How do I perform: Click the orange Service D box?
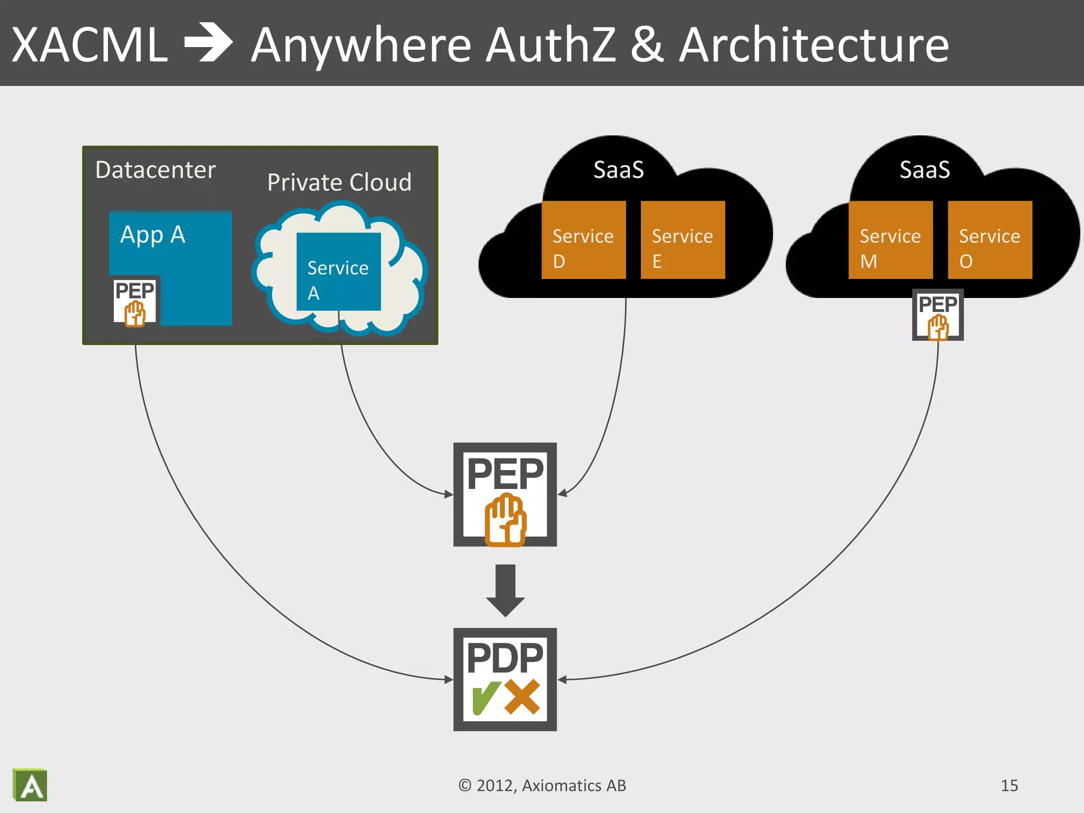(583, 240)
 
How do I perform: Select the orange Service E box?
(682, 240)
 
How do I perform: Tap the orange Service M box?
(890, 240)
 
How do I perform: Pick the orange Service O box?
(990, 240)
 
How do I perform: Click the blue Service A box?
(338, 272)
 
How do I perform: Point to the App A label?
(152, 234)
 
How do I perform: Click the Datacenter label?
(156, 170)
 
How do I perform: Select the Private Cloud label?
(339, 183)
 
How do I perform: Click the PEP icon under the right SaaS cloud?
(937, 315)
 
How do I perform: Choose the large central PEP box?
(505, 494)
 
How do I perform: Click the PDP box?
(505, 679)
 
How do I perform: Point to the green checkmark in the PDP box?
(485, 698)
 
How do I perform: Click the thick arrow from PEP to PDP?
(505, 589)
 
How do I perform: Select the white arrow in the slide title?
(208, 43)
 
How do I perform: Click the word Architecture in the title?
(814, 45)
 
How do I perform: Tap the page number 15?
(1009, 785)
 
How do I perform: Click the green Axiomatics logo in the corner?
(30, 785)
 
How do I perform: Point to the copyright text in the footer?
(542, 785)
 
